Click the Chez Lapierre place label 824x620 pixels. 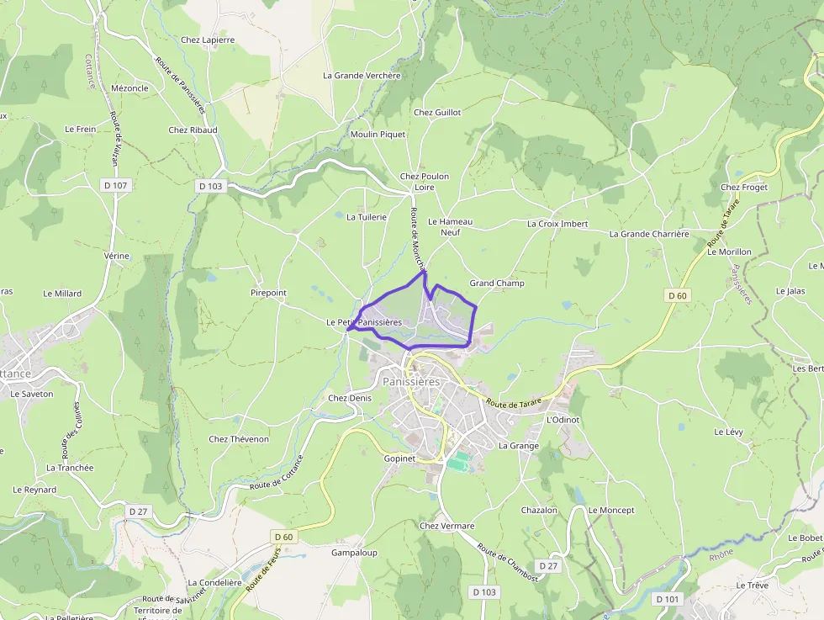point(208,40)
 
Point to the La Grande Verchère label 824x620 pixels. point(362,75)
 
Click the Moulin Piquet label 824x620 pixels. point(378,135)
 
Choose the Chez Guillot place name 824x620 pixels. point(437,112)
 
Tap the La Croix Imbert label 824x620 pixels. point(557,224)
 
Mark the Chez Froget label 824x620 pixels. point(744,187)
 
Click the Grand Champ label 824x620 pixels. point(497,284)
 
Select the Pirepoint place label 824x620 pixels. point(268,293)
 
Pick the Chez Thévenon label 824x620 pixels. point(239,439)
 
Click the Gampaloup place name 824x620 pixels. point(354,553)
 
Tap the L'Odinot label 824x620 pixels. point(563,420)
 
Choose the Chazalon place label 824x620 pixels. point(539,511)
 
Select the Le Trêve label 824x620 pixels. point(753,585)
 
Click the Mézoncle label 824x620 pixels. point(129,88)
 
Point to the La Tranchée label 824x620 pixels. point(70,468)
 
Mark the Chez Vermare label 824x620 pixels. point(446,526)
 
